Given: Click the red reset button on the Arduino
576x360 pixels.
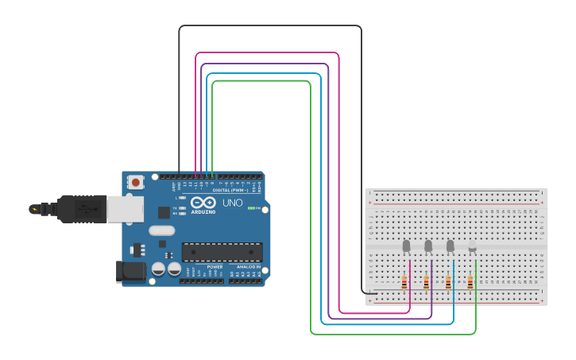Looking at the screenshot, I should (x=136, y=182).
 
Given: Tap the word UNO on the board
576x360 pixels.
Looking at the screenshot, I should (x=233, y=203).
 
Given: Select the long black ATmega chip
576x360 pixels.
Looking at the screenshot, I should (x=222, y=252).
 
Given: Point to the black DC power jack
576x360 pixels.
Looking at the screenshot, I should (x=130, y=272).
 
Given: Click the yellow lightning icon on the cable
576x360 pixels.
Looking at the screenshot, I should (x=33, y=209).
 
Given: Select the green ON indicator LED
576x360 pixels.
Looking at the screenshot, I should (x=253, y=208).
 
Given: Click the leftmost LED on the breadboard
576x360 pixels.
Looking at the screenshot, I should (x=406, y=246).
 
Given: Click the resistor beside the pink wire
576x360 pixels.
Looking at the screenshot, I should (x=404, y=282).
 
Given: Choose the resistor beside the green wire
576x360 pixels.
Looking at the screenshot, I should (x=470, y=282).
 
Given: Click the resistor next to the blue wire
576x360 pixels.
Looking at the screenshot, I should (x=448, y=282).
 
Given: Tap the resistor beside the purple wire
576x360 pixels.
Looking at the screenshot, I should (x=427, y=282).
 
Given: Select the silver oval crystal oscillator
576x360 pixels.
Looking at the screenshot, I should (x=160, y=231).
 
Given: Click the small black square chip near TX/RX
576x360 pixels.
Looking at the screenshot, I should (x=164, y=212).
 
